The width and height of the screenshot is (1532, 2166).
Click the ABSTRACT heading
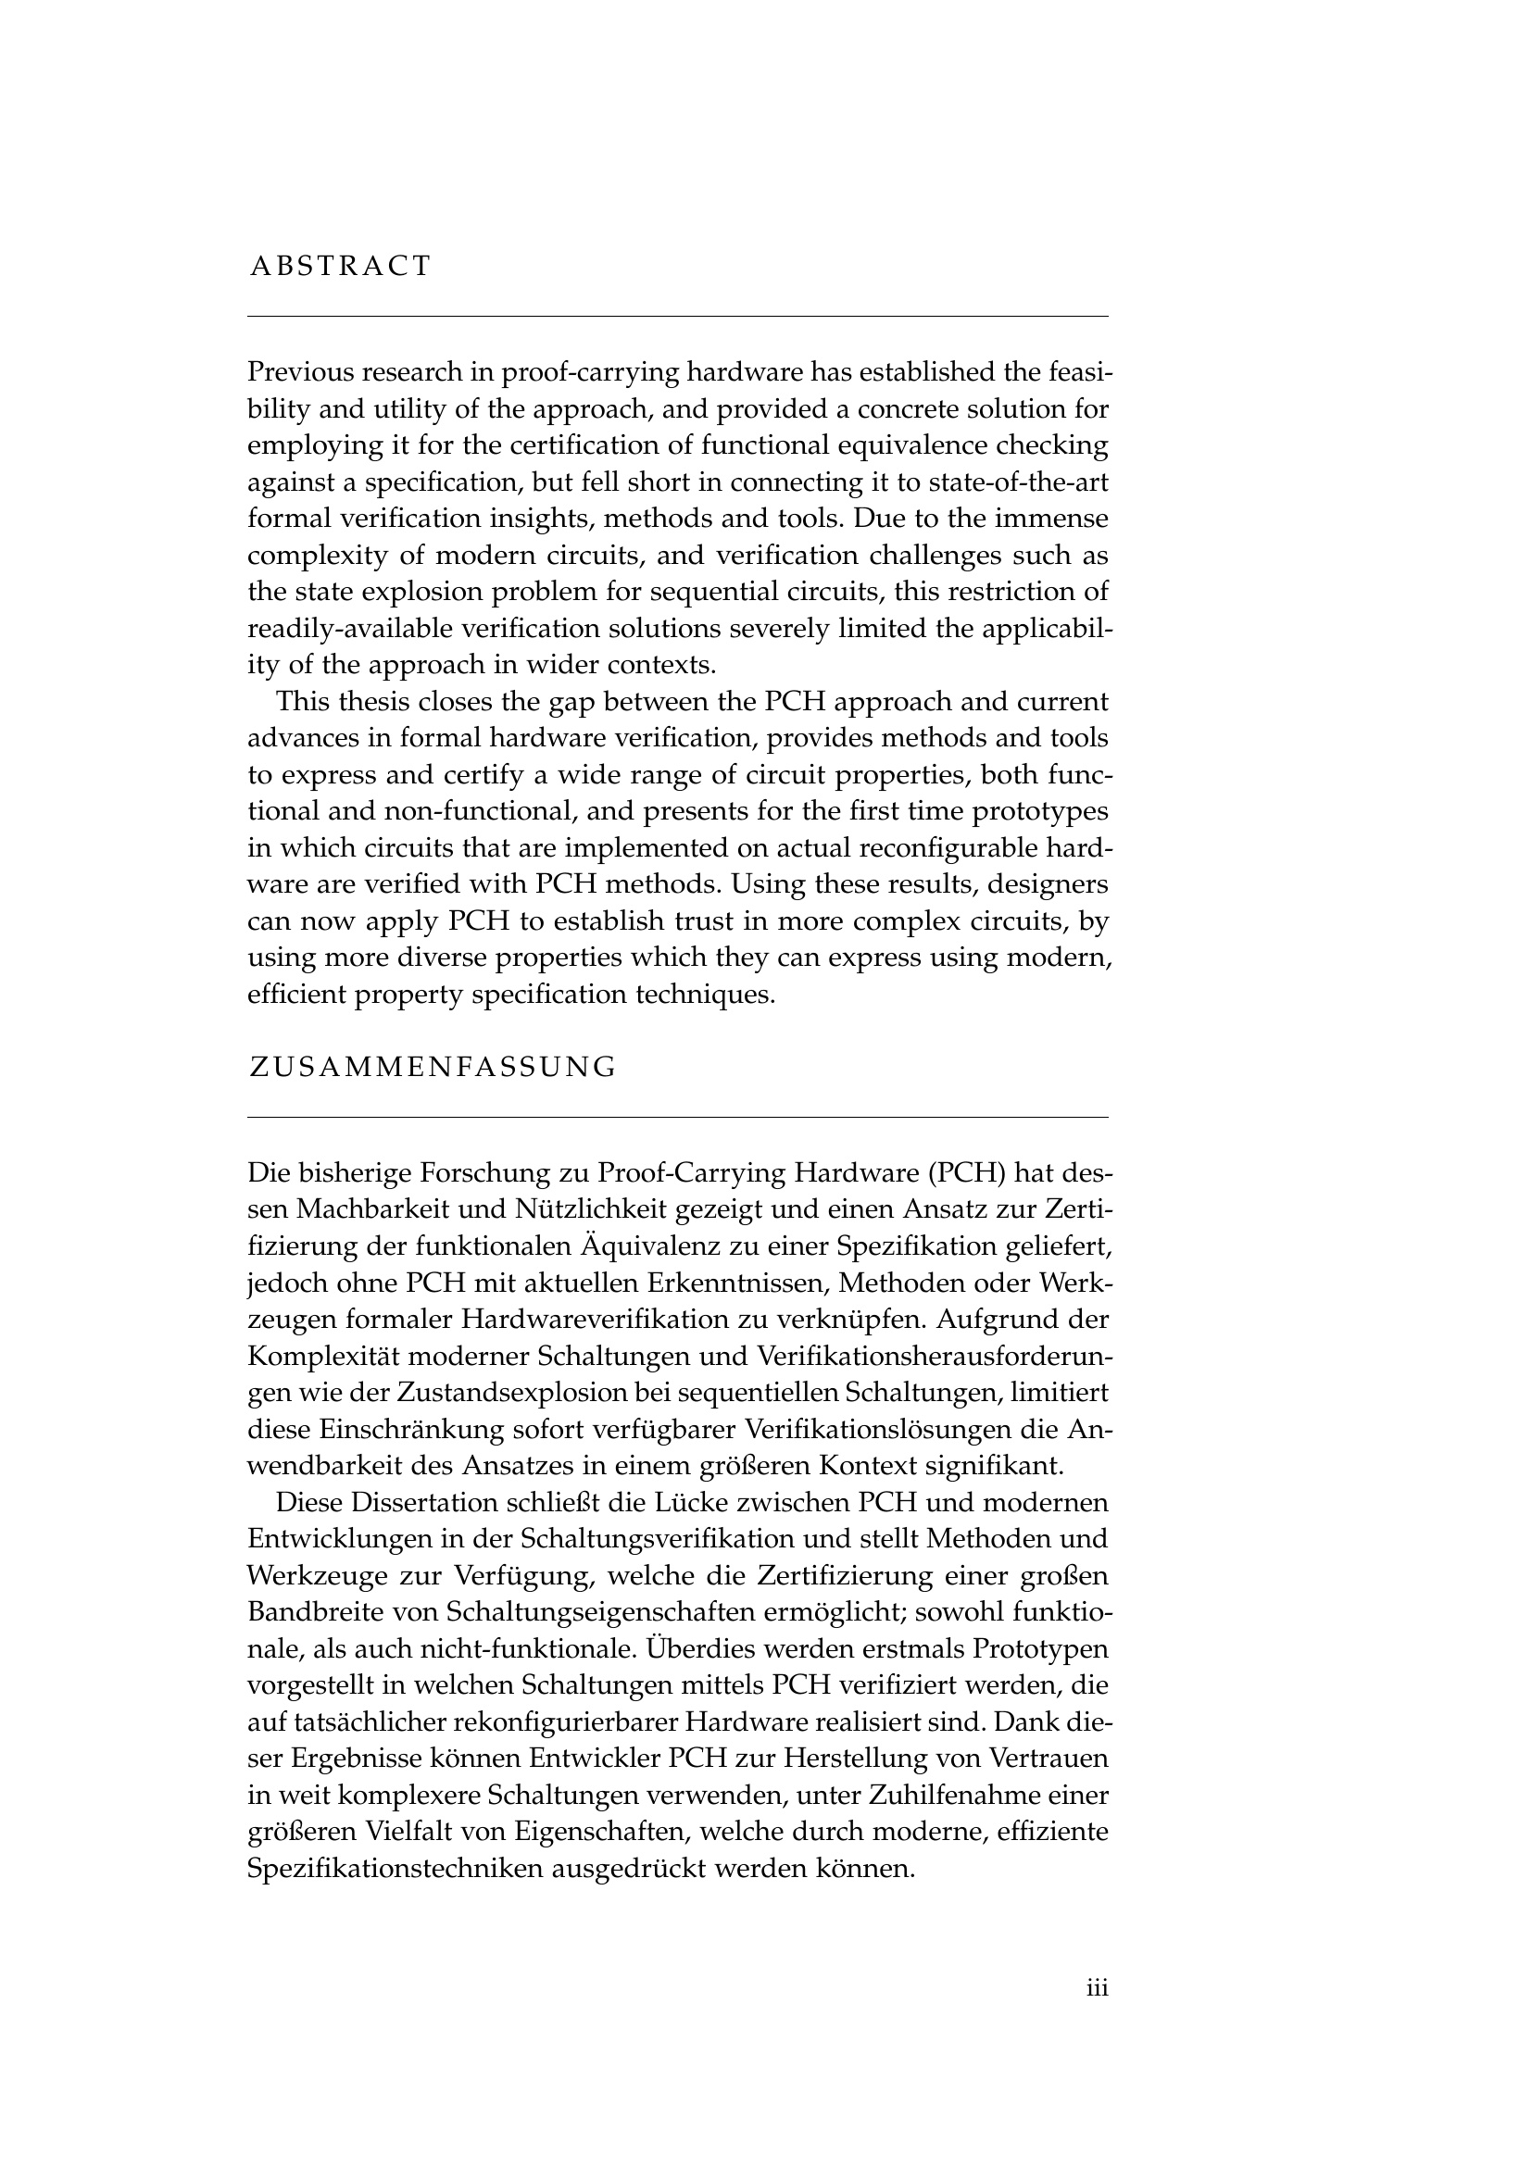(x=340, y=266)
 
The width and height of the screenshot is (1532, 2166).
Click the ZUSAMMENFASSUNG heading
(x=433, y=1067)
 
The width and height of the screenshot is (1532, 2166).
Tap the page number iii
(x=1096, y=1989)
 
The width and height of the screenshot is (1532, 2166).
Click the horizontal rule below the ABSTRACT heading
(x=677, y=317)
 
